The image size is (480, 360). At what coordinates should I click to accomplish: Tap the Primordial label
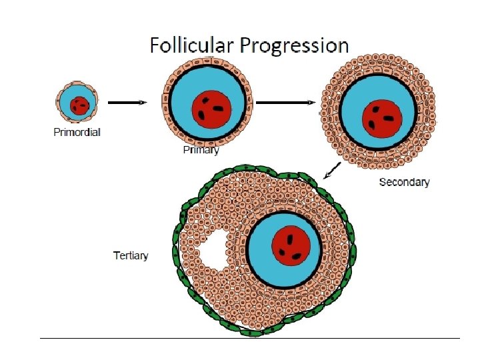click(x=77, y=132)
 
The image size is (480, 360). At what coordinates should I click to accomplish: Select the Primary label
click(x=201, y=150)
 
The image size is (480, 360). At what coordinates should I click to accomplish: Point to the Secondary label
click(x=404, y=182)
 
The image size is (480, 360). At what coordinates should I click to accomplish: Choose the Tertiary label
click(x=131, y=255)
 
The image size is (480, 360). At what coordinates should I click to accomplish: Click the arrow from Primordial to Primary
click(x=127, y=103)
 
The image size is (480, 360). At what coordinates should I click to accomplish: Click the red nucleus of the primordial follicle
click(x=80, y=105)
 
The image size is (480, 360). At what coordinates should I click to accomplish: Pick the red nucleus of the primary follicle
click(x=212, y=108)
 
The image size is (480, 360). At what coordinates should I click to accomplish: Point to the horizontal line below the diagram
click(x=250, y=338)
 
